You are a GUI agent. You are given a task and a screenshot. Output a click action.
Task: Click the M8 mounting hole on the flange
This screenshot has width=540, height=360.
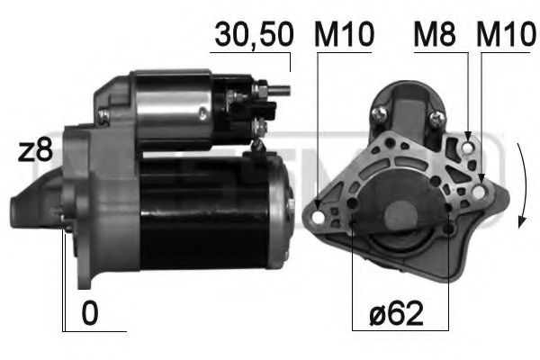point(469,139)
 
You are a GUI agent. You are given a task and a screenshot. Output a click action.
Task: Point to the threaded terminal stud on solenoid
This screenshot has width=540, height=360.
point(281,89)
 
